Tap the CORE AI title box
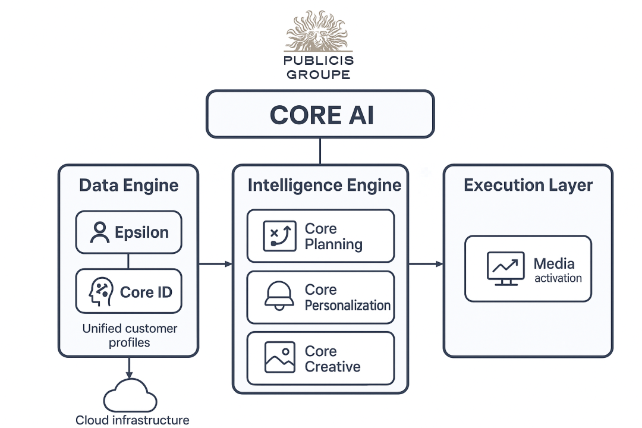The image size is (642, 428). (320, 114)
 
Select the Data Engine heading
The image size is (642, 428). (128, 185)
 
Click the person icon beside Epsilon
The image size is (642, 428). (99, 232)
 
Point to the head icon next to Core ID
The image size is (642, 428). (99, 292)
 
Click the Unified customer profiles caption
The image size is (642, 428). (129, 335)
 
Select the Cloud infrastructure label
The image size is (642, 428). (132, 420)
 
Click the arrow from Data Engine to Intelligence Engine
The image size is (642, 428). (215, 264)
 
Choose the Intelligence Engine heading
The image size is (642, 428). (324, 185)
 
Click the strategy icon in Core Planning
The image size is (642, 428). (279, 236)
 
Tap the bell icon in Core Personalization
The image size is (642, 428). (279, 297)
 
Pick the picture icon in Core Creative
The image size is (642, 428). (279, 358)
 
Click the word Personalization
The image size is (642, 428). (348, 306)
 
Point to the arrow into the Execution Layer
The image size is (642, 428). (426, 264)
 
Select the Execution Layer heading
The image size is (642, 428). (528, 185)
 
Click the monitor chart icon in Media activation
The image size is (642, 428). (505, 268)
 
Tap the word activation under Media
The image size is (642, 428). (558, 278)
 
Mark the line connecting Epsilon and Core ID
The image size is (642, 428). (128, 261)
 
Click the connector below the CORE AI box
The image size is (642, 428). (320, 151)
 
